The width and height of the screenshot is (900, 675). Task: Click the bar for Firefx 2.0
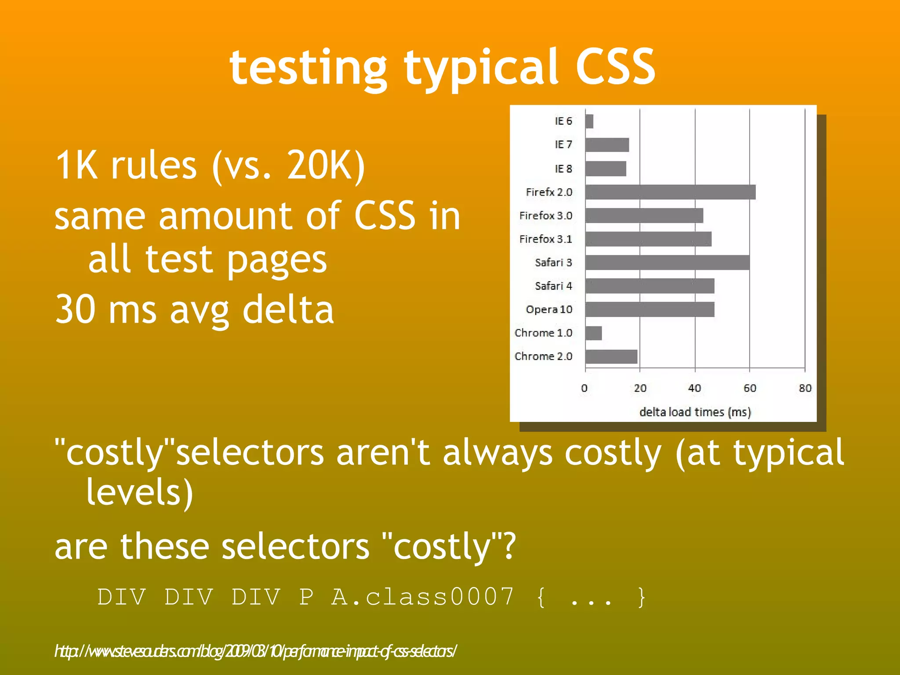coord(670,192)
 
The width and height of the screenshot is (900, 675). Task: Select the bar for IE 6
coord(589,121)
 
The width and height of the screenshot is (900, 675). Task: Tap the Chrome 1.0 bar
coord(593,333)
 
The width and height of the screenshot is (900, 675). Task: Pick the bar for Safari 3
coord(667,262)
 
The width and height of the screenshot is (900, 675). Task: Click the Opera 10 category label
coord(549,309)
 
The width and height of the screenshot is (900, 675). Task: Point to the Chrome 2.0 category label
coord(543,356)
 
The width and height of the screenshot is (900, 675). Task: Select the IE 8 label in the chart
coord(563,169)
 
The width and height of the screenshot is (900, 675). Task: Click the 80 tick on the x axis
coord(805,388)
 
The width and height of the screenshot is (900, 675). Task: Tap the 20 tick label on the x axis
coord(640,388)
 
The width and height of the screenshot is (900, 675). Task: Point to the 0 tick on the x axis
coord(584,388)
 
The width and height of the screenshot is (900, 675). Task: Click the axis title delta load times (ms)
coord(695,412)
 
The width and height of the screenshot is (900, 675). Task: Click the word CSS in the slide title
coord(615,67)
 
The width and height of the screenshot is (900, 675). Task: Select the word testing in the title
coord(308,68)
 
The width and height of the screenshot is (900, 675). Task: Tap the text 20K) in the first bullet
coord(326,166)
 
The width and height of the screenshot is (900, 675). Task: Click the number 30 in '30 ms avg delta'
coord(75,309)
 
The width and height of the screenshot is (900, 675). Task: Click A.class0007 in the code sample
coord(422,597)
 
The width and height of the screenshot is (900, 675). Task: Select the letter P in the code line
coord(306,597)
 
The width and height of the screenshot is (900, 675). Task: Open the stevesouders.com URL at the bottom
coord(255,651)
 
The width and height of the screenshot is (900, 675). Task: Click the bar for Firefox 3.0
coord(644,216)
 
